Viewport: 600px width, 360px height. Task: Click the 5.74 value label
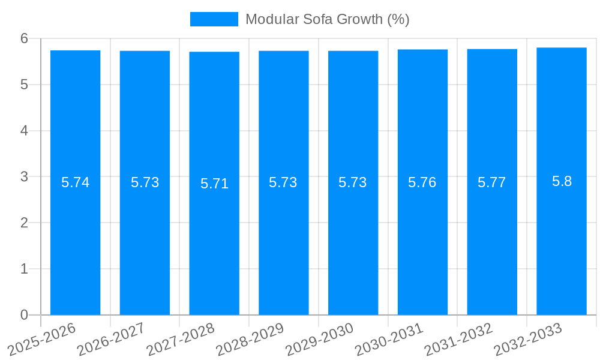pyautogui.click(x=75, y=182)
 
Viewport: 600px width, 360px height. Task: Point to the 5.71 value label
pyautogui.click(x=214, y=184)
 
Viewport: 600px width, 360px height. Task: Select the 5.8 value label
pyautogui.click(x=562, y=181)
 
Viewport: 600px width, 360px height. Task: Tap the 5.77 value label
pyautogui.click(x=492, y=182)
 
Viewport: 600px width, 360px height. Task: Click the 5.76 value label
pyautogui.click(x=422, y=182)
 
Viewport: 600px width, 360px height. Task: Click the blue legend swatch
pyautogui.click(x=214, y=19)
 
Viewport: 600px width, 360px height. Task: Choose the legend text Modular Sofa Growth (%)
pyautogui.click(x=327, y=19)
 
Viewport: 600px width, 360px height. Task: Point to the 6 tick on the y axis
pyautogui.click(x=24, y=38)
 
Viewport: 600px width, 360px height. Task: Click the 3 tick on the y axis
pyautogui.click(x=24, y=176)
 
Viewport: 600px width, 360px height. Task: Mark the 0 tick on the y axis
pyautogui.click(x=24, y=315)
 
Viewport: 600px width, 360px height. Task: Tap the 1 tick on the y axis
pyautogui.click(x=24, y=269)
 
